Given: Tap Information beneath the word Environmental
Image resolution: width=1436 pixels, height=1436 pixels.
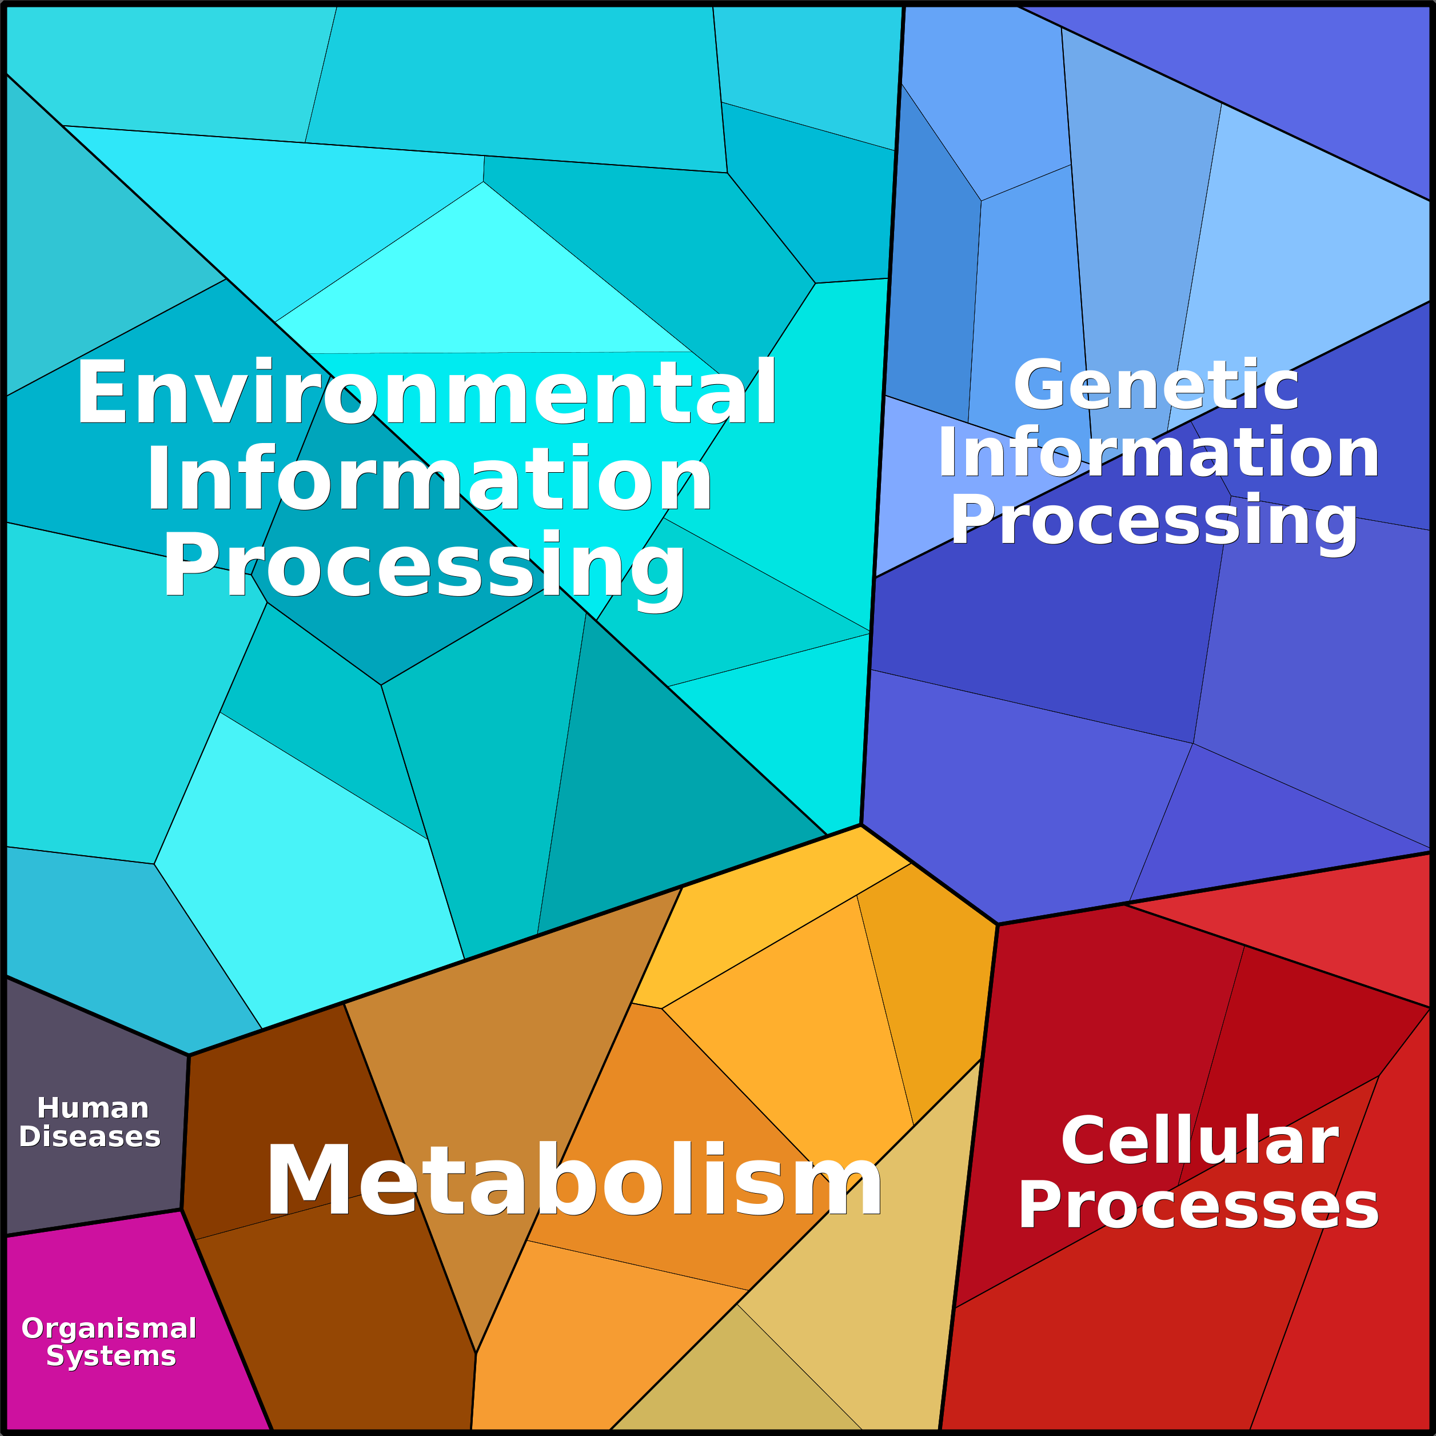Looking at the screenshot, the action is point(429,478).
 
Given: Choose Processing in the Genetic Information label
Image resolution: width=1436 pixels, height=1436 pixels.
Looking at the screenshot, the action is point(1154,522).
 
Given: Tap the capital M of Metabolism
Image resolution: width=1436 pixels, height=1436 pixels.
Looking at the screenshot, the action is point(310,1179).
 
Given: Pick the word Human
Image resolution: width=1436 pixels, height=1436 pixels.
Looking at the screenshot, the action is point(93,1108).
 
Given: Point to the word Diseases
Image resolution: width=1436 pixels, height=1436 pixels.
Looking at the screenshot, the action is point(90,1136).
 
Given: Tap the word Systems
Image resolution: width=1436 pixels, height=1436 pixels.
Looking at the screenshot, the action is point(111,1357).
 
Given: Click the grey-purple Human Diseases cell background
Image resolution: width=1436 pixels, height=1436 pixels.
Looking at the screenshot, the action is point(89,1055).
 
